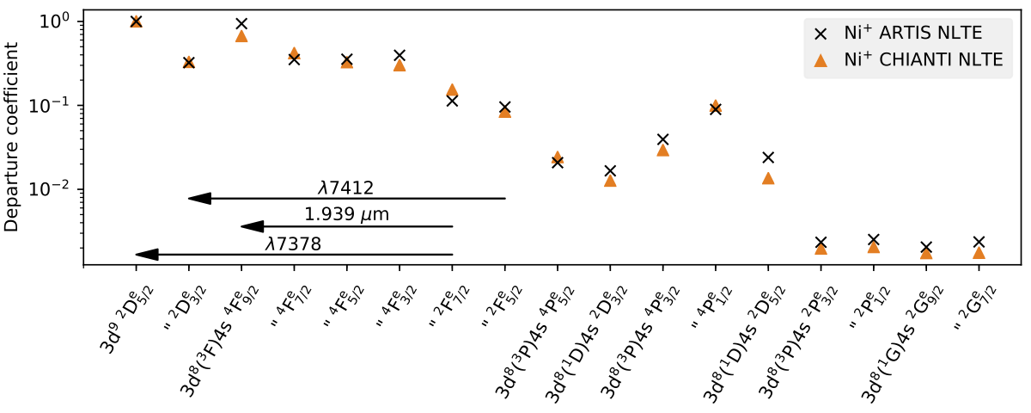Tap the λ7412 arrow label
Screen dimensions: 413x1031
click(345, 188)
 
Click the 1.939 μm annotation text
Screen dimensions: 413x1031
click(346, 214)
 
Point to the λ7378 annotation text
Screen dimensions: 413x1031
click(293, 243)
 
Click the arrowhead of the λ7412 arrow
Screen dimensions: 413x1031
click(199, 199)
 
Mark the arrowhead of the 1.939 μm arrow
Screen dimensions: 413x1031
click(252, 226)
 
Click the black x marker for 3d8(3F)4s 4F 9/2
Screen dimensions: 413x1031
click(241, 24)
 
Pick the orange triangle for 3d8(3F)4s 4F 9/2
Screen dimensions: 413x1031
click(241, 35)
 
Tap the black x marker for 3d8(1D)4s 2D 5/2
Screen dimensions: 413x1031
click(768, 157)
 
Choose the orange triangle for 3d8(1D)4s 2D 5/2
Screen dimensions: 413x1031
click(768, 178)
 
